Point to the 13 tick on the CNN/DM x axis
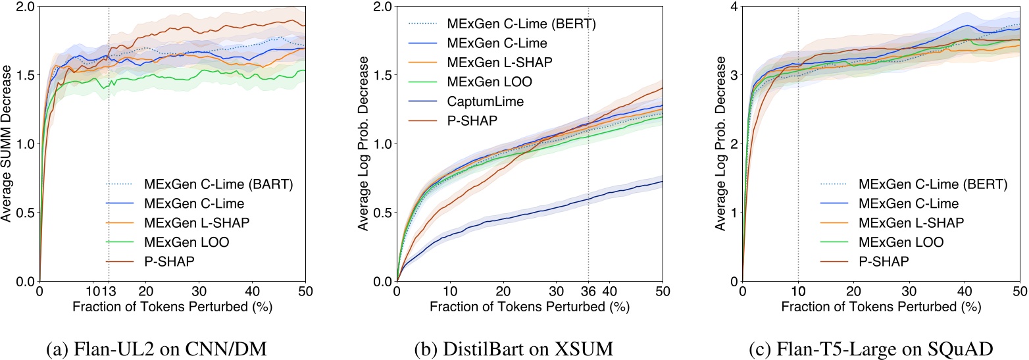(x=110, y=291)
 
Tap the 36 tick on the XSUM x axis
(x=588, y=291)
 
